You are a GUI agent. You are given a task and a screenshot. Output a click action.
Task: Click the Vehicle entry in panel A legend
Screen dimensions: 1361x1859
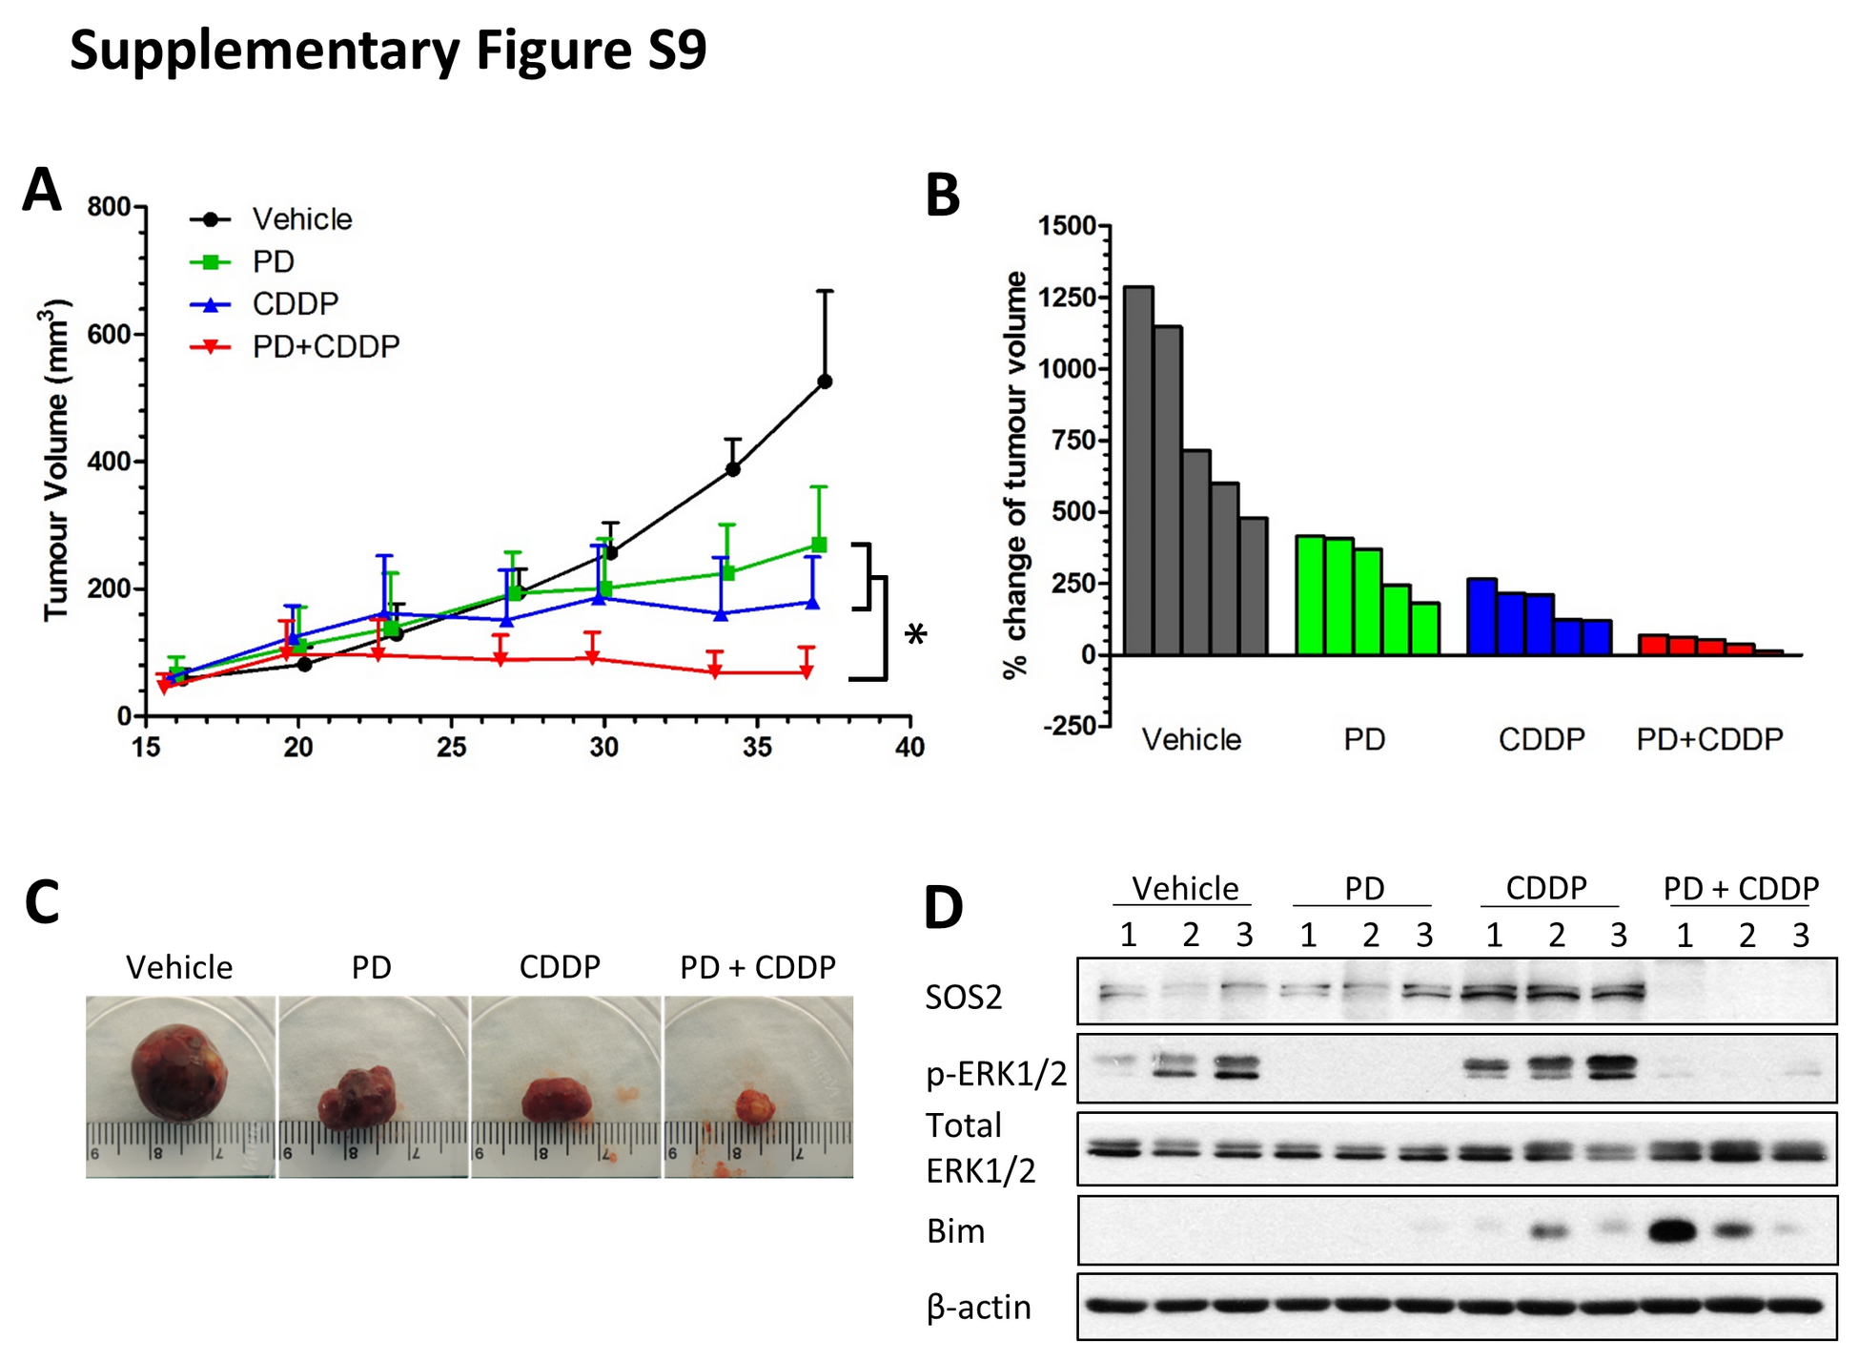pos(301,219)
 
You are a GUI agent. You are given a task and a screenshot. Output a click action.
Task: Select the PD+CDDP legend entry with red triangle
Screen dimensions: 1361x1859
pos(324,347)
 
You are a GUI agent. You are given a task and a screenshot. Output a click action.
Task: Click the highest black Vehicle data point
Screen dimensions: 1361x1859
pos(826,381)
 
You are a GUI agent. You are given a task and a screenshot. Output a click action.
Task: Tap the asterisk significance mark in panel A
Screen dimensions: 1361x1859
pos(915,635)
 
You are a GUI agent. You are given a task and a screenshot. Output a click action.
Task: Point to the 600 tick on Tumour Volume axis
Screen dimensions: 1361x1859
pos(109,335)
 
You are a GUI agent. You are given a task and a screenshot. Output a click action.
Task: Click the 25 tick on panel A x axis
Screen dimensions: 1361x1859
pos(451,747)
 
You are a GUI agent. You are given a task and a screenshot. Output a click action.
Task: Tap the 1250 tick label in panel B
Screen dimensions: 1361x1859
pos(1067,298)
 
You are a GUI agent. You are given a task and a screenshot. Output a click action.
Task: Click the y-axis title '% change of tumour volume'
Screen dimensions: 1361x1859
pos(1016,475)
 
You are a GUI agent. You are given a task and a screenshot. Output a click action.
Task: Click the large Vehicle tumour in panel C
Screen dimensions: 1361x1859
pos(178,1070)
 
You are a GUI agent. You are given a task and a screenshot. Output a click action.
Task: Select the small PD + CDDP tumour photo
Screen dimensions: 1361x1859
pos(753,1106)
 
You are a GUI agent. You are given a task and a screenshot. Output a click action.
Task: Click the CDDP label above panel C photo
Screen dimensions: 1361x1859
pos(560,967)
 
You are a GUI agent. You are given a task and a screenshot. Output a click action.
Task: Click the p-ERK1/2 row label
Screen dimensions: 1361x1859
pos(995,1074)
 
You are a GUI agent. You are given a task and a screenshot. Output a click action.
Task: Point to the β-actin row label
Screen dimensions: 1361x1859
pos(978,1307)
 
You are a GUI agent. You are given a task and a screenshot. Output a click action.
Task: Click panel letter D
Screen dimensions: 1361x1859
pos(943,907)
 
